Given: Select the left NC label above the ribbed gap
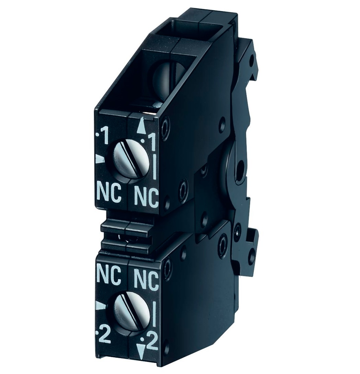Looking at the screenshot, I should point(109,194).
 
